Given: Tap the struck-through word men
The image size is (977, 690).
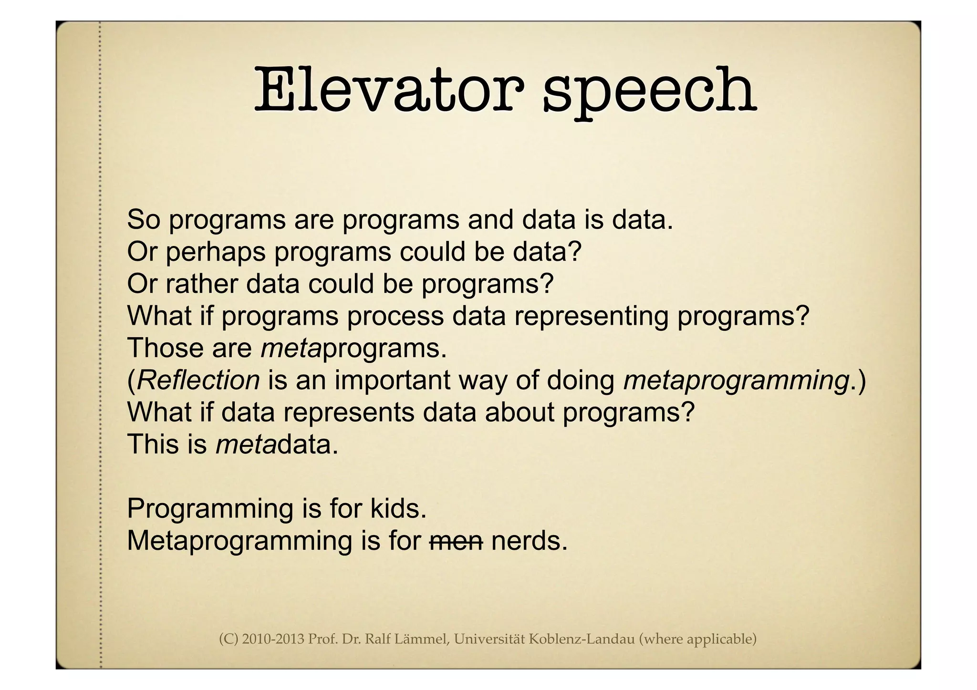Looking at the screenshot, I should (x=456, y=541).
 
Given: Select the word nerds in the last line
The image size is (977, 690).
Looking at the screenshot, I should (x=529, y=541).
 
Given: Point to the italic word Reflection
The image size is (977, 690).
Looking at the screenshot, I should (x=198, y=380).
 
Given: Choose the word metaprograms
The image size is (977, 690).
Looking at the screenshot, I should (x=353, y=348).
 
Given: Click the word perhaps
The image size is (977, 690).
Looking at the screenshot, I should (x=215, y=252).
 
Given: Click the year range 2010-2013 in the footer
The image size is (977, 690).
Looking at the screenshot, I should (x=273, y=639).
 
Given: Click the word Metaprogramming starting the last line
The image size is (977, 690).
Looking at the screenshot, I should (x=239, y=541).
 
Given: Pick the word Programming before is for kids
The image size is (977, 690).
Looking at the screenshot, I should (x=210, y=509).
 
